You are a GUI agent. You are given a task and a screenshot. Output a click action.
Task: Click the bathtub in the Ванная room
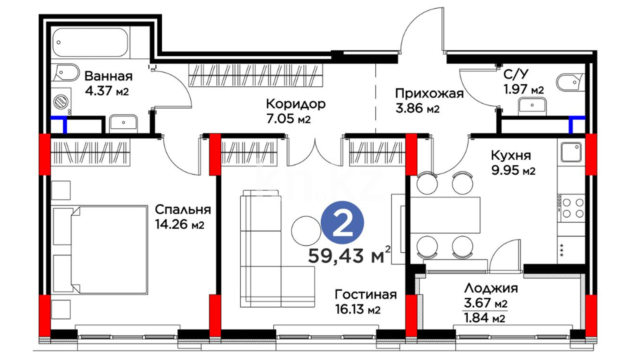(x=90, y=43)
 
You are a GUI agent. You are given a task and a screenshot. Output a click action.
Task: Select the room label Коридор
(x=296, y=104)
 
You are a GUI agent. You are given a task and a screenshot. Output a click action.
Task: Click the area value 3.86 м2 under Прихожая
(x=417, y=108)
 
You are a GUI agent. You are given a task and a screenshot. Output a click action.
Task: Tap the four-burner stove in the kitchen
(x=571, y=208)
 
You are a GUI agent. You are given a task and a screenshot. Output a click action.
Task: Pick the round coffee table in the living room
(x=306, y=231)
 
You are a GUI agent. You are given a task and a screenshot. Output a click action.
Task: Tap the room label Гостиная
(x=366, y=295)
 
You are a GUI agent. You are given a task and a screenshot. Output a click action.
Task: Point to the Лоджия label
(x=491, y=288)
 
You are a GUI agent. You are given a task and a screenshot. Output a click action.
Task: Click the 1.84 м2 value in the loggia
(x=484, y=318)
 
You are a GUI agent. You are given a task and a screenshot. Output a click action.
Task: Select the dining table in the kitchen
(x=445, y=216)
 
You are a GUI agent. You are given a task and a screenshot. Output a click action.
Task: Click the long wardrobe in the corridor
(x=256, y=75)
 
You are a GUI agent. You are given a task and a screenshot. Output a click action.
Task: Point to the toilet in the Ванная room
(x=66, y=73)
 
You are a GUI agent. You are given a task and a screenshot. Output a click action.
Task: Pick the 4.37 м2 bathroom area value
(x=107, y=91)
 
